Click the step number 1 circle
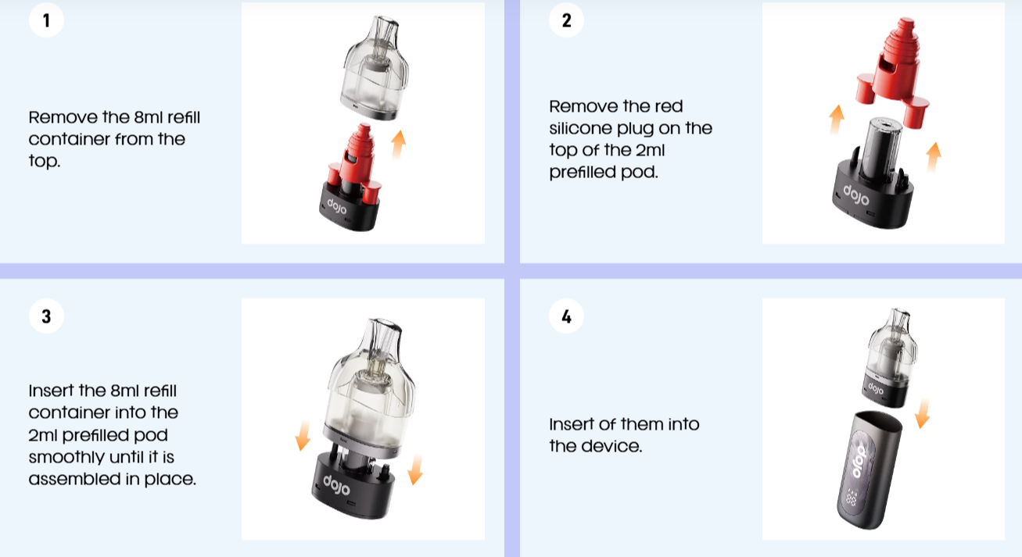pyautogui.click(x=46, y=20)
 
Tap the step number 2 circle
pyautogui.click(x=566, y=20)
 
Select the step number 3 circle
pyautogui.click(x=46, y=316)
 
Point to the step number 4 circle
pyautogui.click(x=566, y=316)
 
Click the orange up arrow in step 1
pyautogui.click(x=398, y=145)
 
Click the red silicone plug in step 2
pyautogui.click(x=892, y=73)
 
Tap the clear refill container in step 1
pyautogui.click(x=375, y=69)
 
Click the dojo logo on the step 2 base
pyautogui.click(x=856, y=195)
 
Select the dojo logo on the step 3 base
pyautogui.click(x=336, y=485)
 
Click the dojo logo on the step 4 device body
pyautogui.click(x=860, y=462)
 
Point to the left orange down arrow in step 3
pyautogui.click(x=303, y=435)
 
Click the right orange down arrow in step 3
pyautogui.click(x=415, y=470)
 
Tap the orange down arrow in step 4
pyautogui.click(x=923, y=413)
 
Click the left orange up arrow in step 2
pyautogui.click(x=837, y=120)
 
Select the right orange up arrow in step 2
pyautogui.click(x=934, y=157)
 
